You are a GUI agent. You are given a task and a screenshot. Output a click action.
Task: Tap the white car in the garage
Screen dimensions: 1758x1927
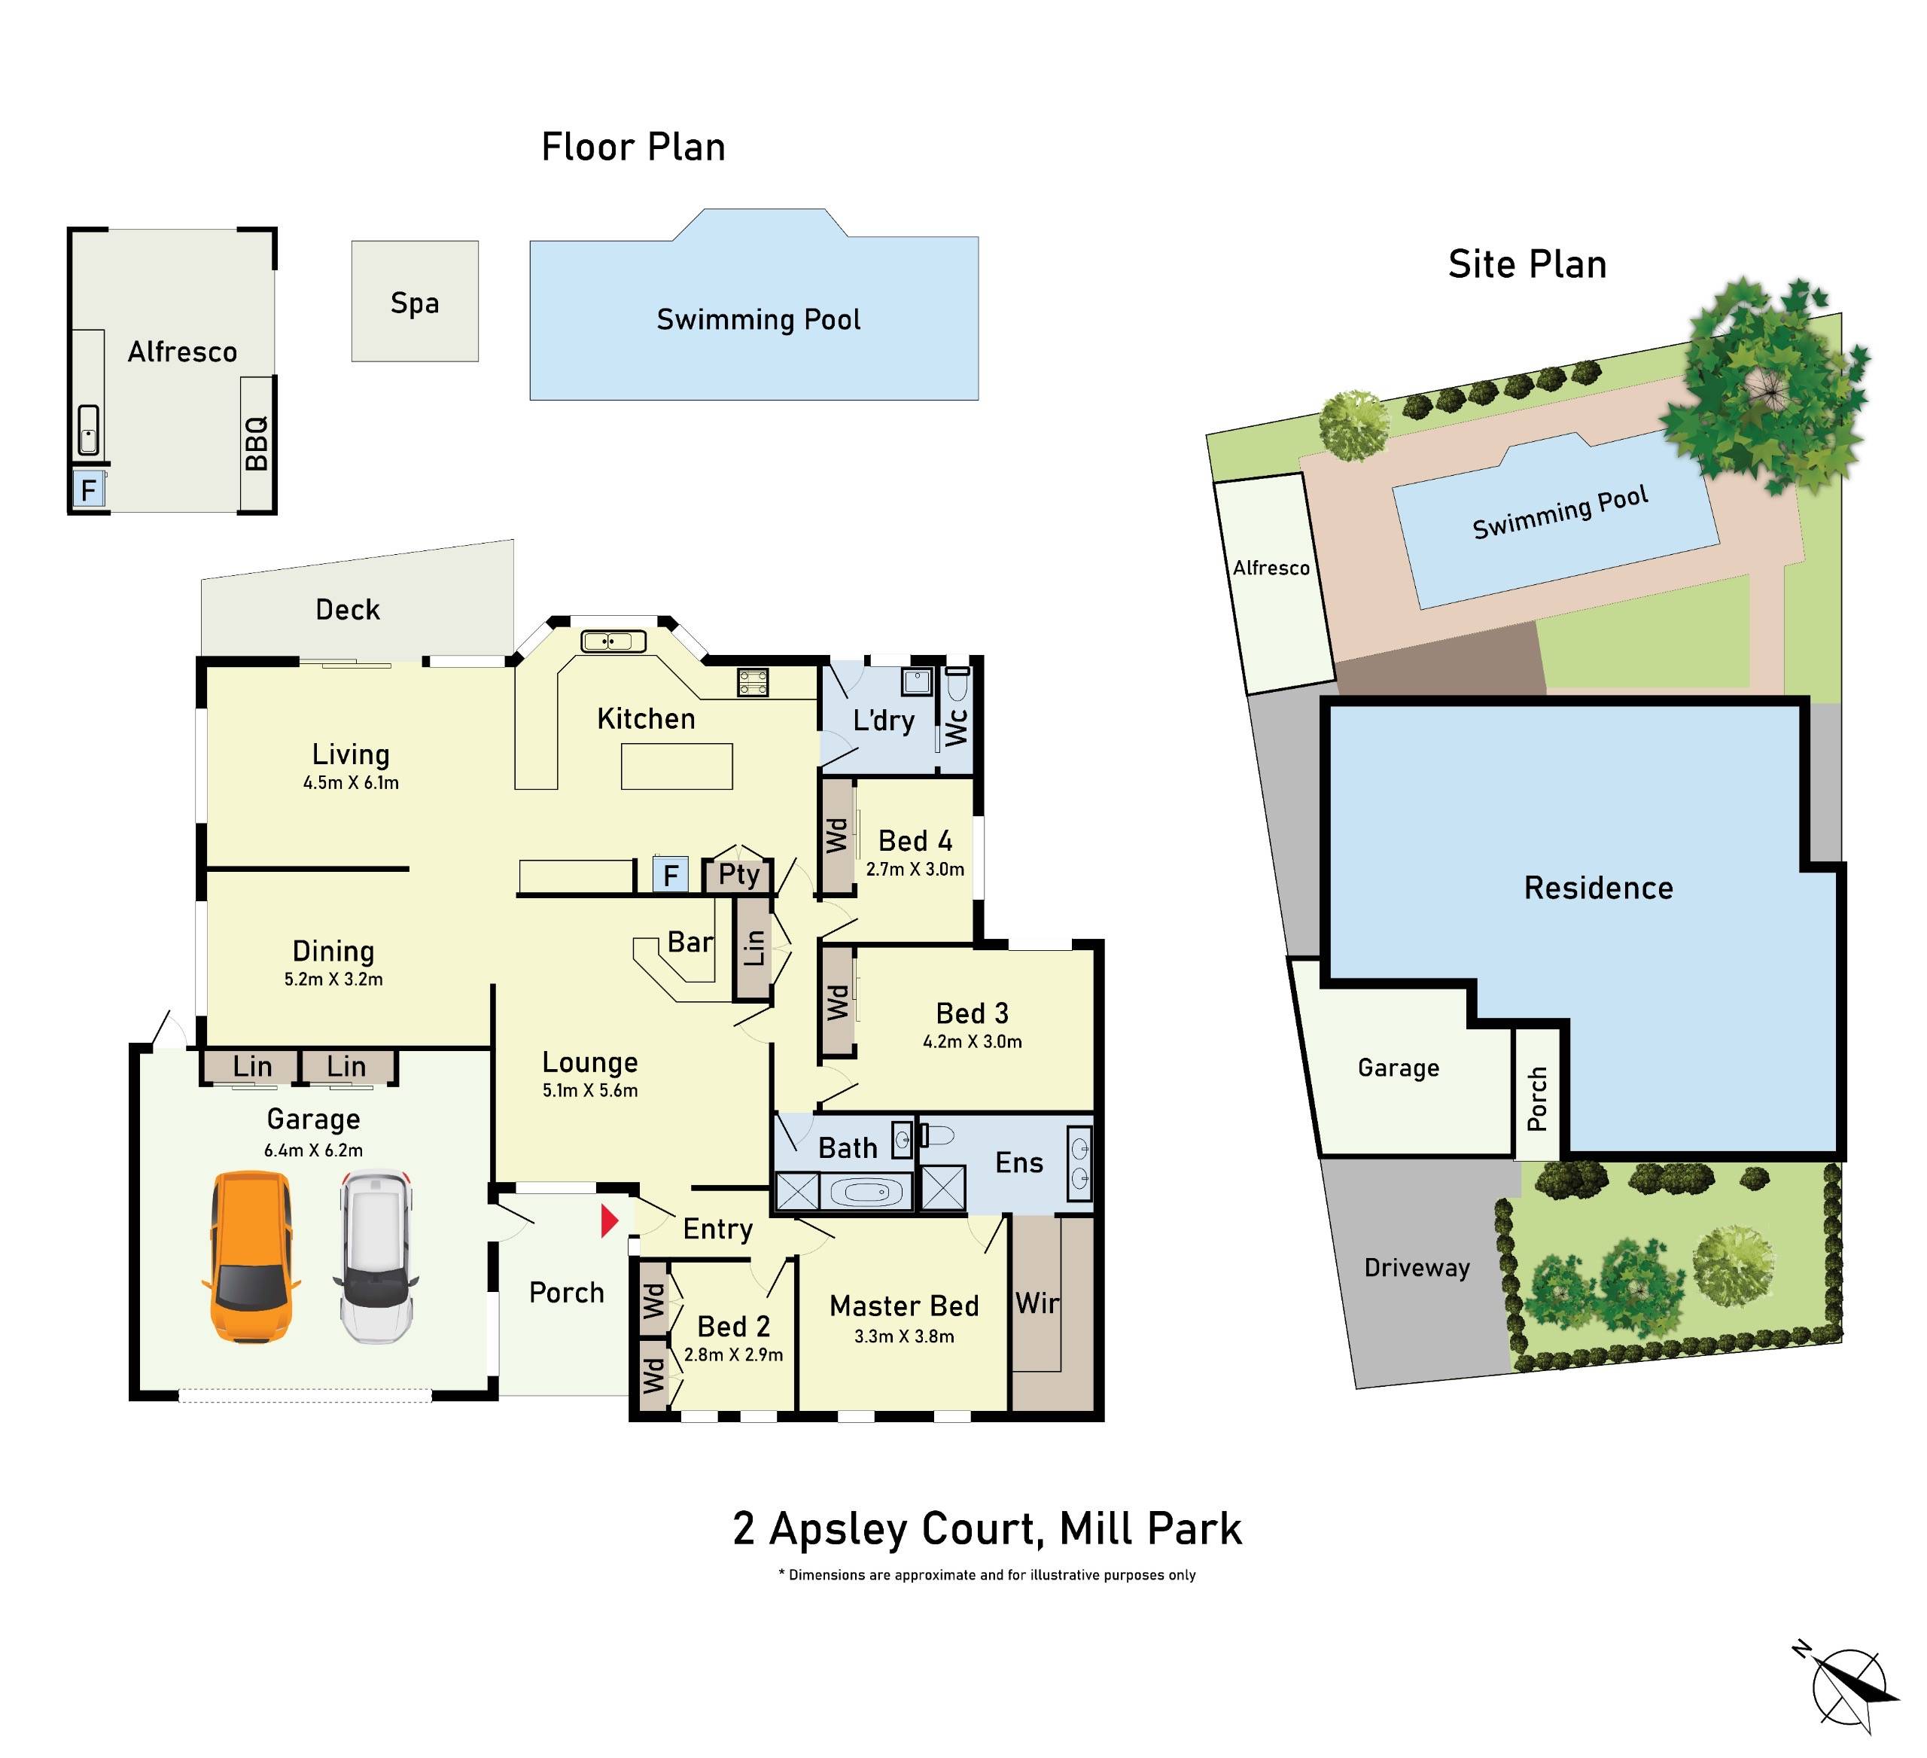tap(376, 1256)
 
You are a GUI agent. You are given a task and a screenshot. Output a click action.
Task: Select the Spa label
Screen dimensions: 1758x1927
tap(415, 303)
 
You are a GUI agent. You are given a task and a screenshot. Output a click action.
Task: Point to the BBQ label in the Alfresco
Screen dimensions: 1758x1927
tap(256, 443)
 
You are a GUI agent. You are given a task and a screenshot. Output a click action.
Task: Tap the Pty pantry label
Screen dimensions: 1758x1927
tap(739, 875)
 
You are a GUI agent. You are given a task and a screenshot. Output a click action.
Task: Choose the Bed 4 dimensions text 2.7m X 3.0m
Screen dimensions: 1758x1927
tap(915, 870)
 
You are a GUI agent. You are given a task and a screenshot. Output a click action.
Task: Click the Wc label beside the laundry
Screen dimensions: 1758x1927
tap(957, 727)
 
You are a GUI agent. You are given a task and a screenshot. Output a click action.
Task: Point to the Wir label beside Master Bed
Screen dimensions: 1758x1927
tap(1037, 1303)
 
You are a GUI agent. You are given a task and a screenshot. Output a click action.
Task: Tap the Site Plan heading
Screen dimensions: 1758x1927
tap(1527, 265)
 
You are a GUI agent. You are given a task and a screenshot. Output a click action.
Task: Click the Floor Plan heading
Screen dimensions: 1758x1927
tap(633, 148)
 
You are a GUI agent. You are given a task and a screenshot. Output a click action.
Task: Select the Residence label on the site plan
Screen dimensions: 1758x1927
tap(1598, 888)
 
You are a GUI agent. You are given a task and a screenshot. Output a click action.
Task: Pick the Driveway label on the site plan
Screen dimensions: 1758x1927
tap(1417, 1268)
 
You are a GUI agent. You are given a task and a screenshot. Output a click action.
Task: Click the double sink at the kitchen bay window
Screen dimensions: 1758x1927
tap(613, 641)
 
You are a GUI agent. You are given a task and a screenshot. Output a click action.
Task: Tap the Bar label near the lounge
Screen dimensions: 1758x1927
tap(690, 943)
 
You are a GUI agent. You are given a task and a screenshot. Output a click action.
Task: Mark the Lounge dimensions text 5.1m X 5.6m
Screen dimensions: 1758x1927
tap(589, 1091)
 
